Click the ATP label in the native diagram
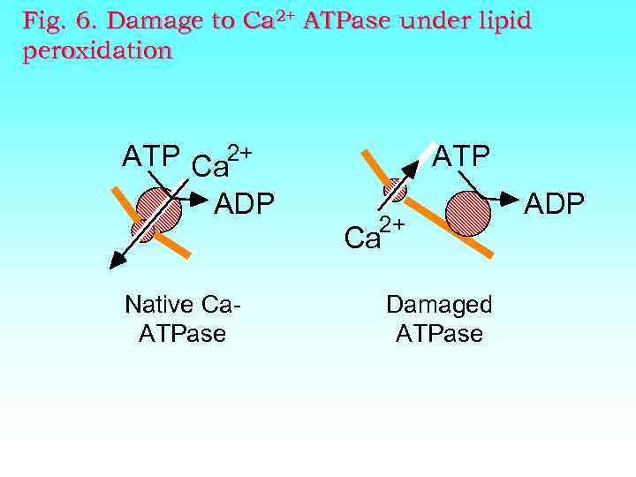click(152, 157)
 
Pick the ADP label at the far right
click(555, 204)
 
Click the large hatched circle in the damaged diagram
click(467, 214)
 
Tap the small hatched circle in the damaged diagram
click(395, 190)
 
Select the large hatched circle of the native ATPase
click(160, 209)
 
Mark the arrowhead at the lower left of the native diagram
click(114, 260)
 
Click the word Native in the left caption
click(159, 305)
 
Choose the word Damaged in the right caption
click(439, 305)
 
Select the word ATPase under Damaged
click(439, 333)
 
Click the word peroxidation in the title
click(98, 51)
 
